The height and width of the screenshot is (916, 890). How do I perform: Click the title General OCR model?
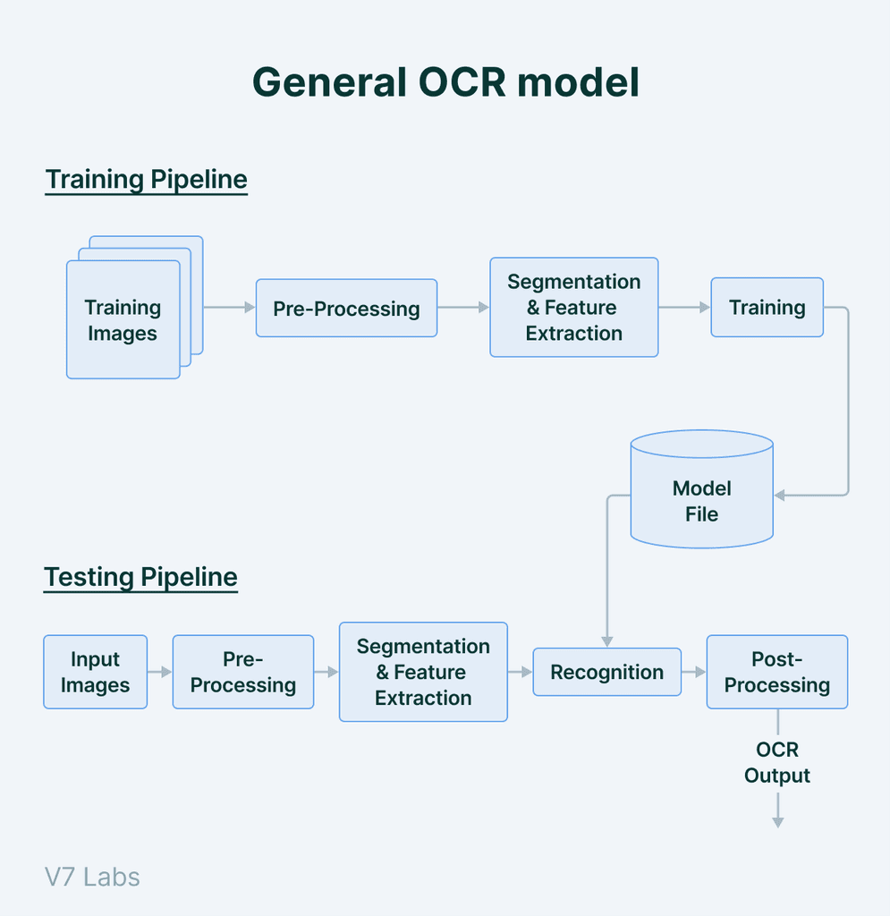pos(445,83)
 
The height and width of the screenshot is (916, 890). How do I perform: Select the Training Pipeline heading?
pos(146,179)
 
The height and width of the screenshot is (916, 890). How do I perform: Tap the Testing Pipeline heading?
pos(140,577)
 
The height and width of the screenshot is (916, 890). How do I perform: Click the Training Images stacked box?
pos(123,319)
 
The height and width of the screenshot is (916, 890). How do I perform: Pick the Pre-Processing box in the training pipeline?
pos(346,308)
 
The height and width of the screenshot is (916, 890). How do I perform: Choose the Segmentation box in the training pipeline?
pos(573,308)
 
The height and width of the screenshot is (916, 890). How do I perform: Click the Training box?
pos(767,308)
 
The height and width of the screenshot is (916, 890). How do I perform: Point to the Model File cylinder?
pos(701,501)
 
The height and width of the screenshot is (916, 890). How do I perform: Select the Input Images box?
pos(95,672)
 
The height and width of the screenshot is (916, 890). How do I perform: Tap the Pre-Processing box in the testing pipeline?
pos(242,672)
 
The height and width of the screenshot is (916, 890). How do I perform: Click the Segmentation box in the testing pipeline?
pos(423,672)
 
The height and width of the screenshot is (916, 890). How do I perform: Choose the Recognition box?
pos(606,672)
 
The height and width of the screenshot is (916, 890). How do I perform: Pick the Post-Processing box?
pos(776,672)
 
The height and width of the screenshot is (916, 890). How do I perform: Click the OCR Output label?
pos(776,762)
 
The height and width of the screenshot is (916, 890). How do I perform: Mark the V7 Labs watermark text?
pos(92,876)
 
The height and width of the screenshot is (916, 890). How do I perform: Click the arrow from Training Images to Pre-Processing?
pos(229,308)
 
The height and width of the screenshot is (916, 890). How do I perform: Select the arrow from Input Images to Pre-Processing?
pos(160,672)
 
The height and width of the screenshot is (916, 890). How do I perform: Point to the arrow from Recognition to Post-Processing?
pos(694,672)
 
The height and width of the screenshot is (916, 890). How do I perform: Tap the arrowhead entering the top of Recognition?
pos(607,640)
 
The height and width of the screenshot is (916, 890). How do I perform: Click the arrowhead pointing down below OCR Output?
pos(777,821)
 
